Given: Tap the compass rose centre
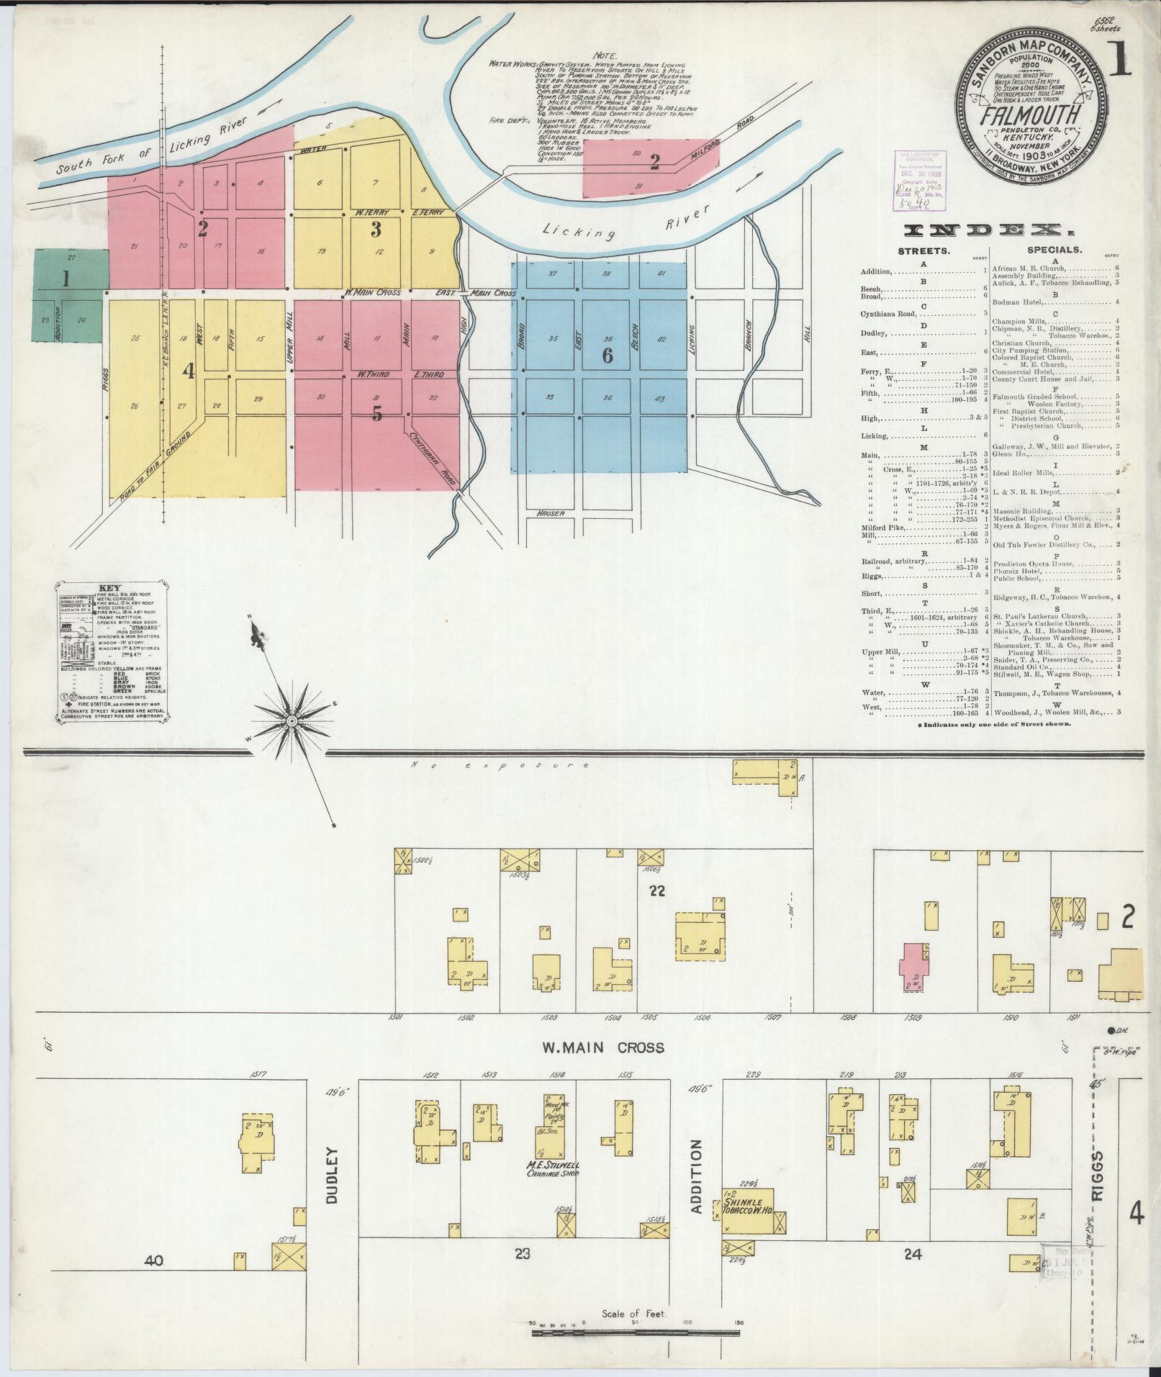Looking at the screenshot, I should [x=292, y=721].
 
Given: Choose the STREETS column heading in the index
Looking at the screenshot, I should [x=923, y=250].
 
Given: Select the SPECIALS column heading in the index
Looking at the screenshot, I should [x=1054, y=250].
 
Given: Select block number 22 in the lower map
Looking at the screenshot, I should [x=656, y=890].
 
